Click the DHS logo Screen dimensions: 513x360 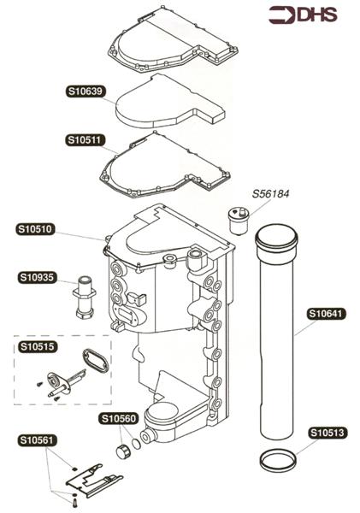304,15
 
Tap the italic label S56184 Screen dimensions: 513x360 271,194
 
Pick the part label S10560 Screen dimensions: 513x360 119,418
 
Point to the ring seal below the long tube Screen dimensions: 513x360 279,460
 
